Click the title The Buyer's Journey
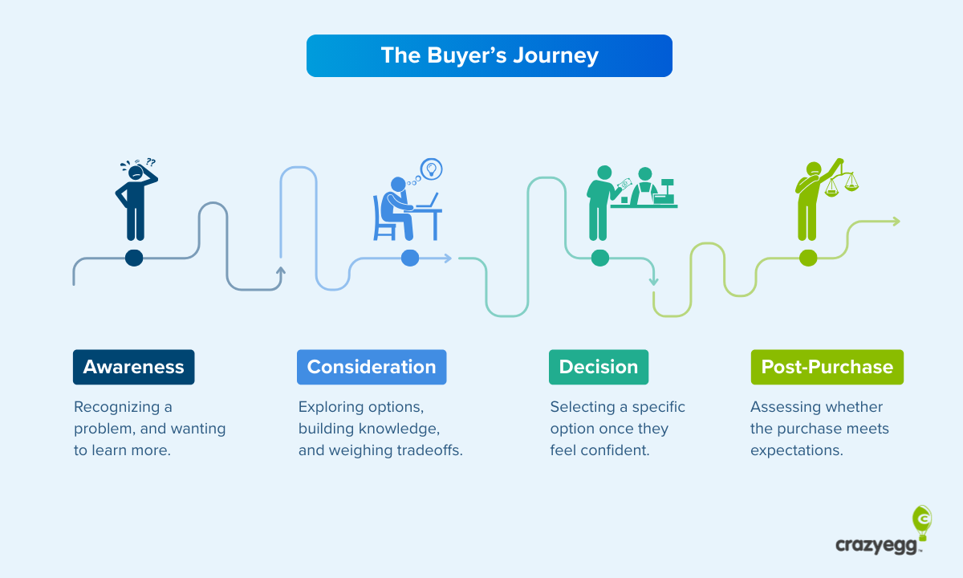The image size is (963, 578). (489, 55)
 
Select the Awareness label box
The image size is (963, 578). (133, 367)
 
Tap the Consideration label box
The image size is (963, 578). (372, 367)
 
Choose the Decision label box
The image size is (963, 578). (598, 367)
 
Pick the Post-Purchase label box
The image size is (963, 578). (827, 367)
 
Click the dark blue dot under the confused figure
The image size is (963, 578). (134, 258)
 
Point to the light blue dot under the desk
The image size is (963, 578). (410, 258)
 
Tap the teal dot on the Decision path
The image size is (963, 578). (599, 258)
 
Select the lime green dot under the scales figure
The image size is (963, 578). (808, 258)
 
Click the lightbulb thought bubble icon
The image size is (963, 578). (432, 169)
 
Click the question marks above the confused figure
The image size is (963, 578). (150, 161)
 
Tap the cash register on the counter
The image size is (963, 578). (665, 191)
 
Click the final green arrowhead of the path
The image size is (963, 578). (895, 221)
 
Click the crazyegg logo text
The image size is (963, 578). (878, 545)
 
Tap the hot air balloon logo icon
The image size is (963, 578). (922, 522)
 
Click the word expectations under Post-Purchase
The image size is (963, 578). (796, 450)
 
